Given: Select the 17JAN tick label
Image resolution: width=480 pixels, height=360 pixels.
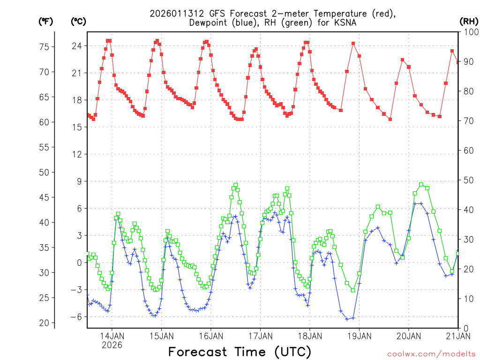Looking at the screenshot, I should tap(260, 336).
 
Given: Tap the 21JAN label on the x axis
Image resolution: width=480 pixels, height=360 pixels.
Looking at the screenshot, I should tap(457, 336).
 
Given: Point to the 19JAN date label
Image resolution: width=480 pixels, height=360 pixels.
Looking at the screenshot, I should tap(359, 336).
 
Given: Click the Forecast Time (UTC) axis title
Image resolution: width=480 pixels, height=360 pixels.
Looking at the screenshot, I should tap(240, 352).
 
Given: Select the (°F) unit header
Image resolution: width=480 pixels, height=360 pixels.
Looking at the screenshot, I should tap(46, 21).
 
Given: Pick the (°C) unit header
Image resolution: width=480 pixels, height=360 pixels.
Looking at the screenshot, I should tap(79, 21).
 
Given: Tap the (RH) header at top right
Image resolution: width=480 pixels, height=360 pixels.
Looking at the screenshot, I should tap(469, 21).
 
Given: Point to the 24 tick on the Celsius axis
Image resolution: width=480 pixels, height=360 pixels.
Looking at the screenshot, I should tap(76, 46).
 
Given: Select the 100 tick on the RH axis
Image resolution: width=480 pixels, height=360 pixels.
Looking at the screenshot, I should tap(470, 32).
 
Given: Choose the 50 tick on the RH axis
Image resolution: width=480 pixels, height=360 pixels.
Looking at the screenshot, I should tap(468, 180).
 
